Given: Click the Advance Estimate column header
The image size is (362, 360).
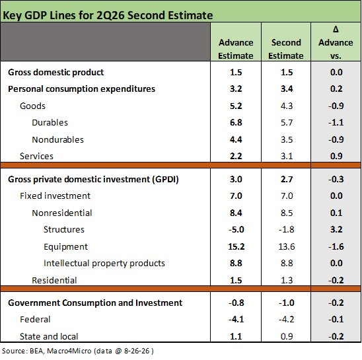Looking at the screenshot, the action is coord(236,49).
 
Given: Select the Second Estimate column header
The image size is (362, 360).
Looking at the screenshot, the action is coord(286,49).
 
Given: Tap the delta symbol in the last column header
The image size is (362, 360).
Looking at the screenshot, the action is coord(336,29).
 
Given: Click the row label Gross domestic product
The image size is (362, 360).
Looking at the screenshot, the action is coord(56,72).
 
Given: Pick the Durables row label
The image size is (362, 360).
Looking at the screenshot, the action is coord(50,122).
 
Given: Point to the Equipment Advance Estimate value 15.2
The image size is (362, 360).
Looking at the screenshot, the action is coord(236,246).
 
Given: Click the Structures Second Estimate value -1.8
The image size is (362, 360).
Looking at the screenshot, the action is coord(287,229).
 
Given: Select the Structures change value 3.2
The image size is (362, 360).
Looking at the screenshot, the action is coord(336,229).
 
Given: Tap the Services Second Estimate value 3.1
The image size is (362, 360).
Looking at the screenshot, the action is coord(287,156).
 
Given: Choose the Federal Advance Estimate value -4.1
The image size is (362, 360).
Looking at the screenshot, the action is coord(236,319).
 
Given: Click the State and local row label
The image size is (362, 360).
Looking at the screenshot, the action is coord(49,336).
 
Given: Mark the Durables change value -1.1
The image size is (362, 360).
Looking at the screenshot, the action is coord(336,122).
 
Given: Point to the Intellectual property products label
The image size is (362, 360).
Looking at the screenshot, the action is coord(104,264).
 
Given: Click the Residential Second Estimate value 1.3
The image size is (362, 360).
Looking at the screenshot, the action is coord(287,280).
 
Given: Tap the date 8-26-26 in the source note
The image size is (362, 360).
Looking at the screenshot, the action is coord(137,351).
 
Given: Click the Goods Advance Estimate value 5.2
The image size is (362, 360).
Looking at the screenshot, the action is coord(236,106).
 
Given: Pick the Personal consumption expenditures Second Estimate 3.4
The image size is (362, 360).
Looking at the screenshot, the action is coord(287,89).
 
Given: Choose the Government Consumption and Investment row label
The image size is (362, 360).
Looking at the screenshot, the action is coord(95,303).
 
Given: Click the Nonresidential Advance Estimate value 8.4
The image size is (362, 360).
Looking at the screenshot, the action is coord(236,213).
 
